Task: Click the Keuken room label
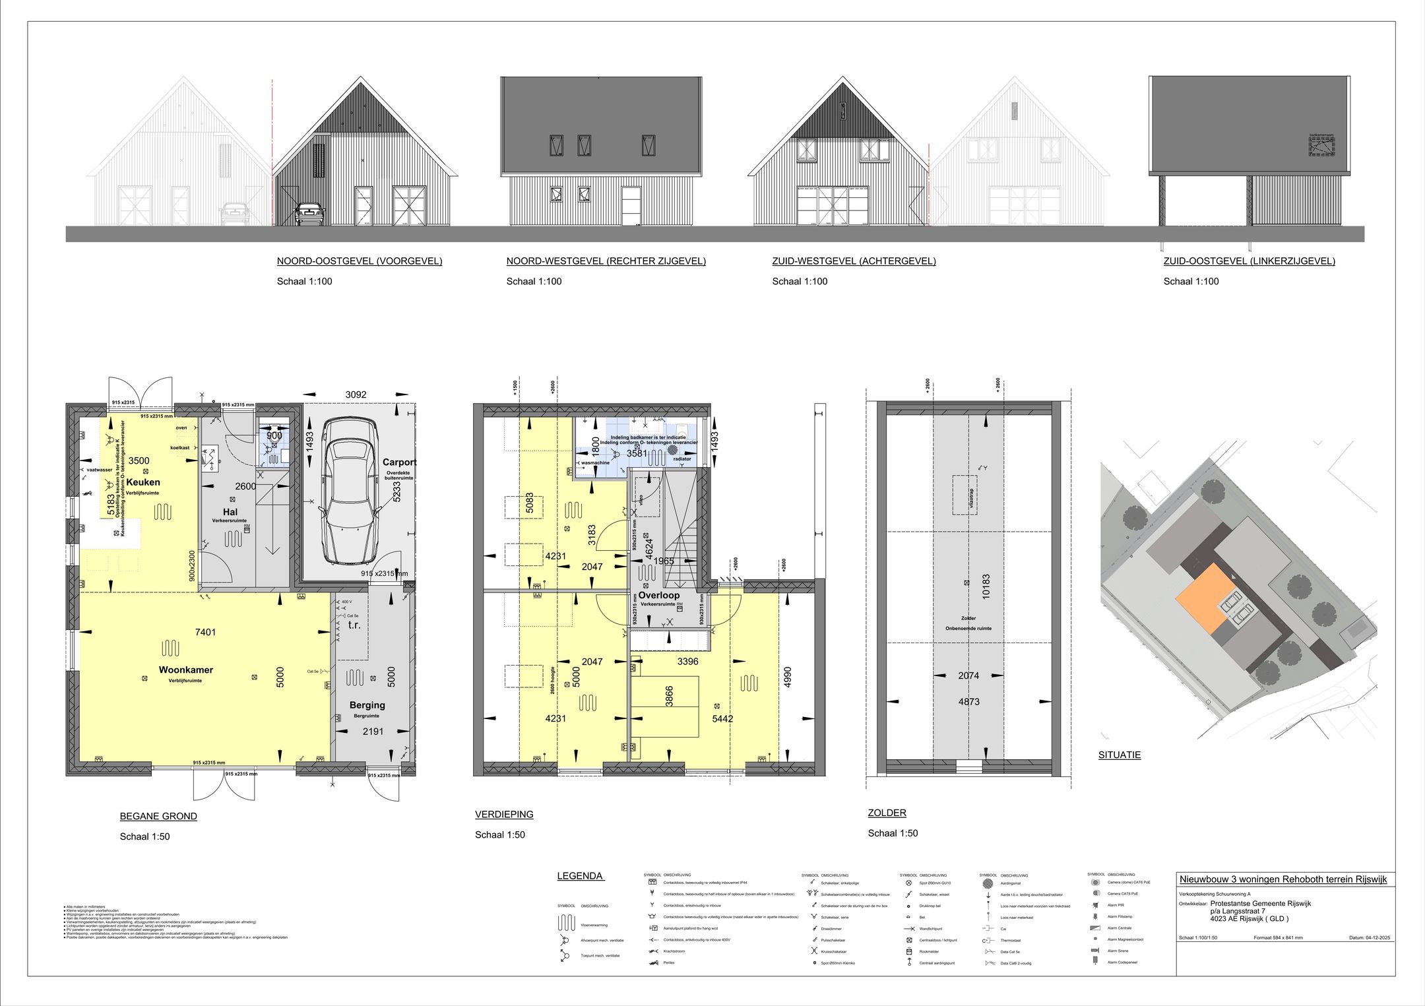143,482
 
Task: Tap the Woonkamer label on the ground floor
185,670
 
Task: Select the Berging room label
367,705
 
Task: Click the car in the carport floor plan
349,491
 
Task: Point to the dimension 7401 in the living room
205,632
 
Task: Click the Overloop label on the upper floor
658,595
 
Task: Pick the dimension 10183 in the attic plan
986,586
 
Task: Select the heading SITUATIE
1119,755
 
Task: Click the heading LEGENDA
580,876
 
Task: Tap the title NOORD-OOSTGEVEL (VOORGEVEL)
360,261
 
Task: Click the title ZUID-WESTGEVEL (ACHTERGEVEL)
854,261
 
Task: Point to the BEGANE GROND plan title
158,816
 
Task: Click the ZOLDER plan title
887,813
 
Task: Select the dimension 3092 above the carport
356,394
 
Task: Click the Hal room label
230,512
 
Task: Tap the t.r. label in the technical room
354,625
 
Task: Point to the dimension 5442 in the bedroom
722,718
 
